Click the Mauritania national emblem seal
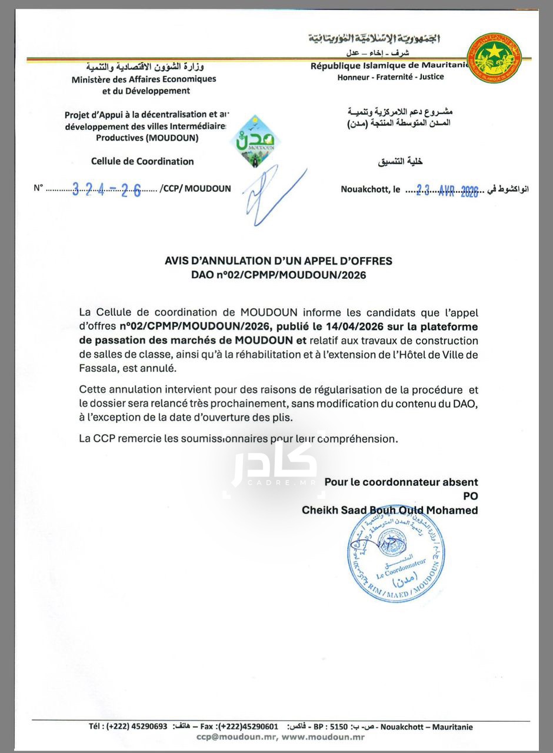click(x=494, y=58)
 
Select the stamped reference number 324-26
click(x=106, y=189)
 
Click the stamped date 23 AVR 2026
click(x=447, y=190)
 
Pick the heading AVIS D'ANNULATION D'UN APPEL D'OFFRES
click(x=278, y=261)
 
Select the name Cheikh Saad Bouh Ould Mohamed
click(x=389, y=510)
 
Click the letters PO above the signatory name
click(x=470, y=496)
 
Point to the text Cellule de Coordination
click(x=142, y=161)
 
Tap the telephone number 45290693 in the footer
click(x=145, y=727)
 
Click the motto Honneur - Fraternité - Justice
click(x=391, y=77)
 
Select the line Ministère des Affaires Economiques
click(x=144, y=79)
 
